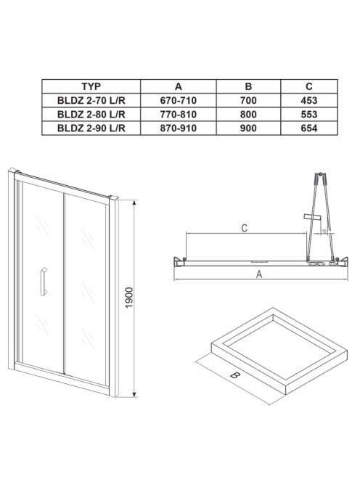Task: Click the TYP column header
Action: [91, 86]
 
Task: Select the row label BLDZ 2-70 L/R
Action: [91, 100]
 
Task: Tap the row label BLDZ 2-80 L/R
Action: [91, 115]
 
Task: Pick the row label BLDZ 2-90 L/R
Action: [91, 128]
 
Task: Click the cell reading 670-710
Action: [179, 100]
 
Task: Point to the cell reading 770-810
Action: [179, 115]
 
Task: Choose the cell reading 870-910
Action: [179, 128]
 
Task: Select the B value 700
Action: [248, 100]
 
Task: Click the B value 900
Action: [248, 128]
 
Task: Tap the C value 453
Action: [309, 100]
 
